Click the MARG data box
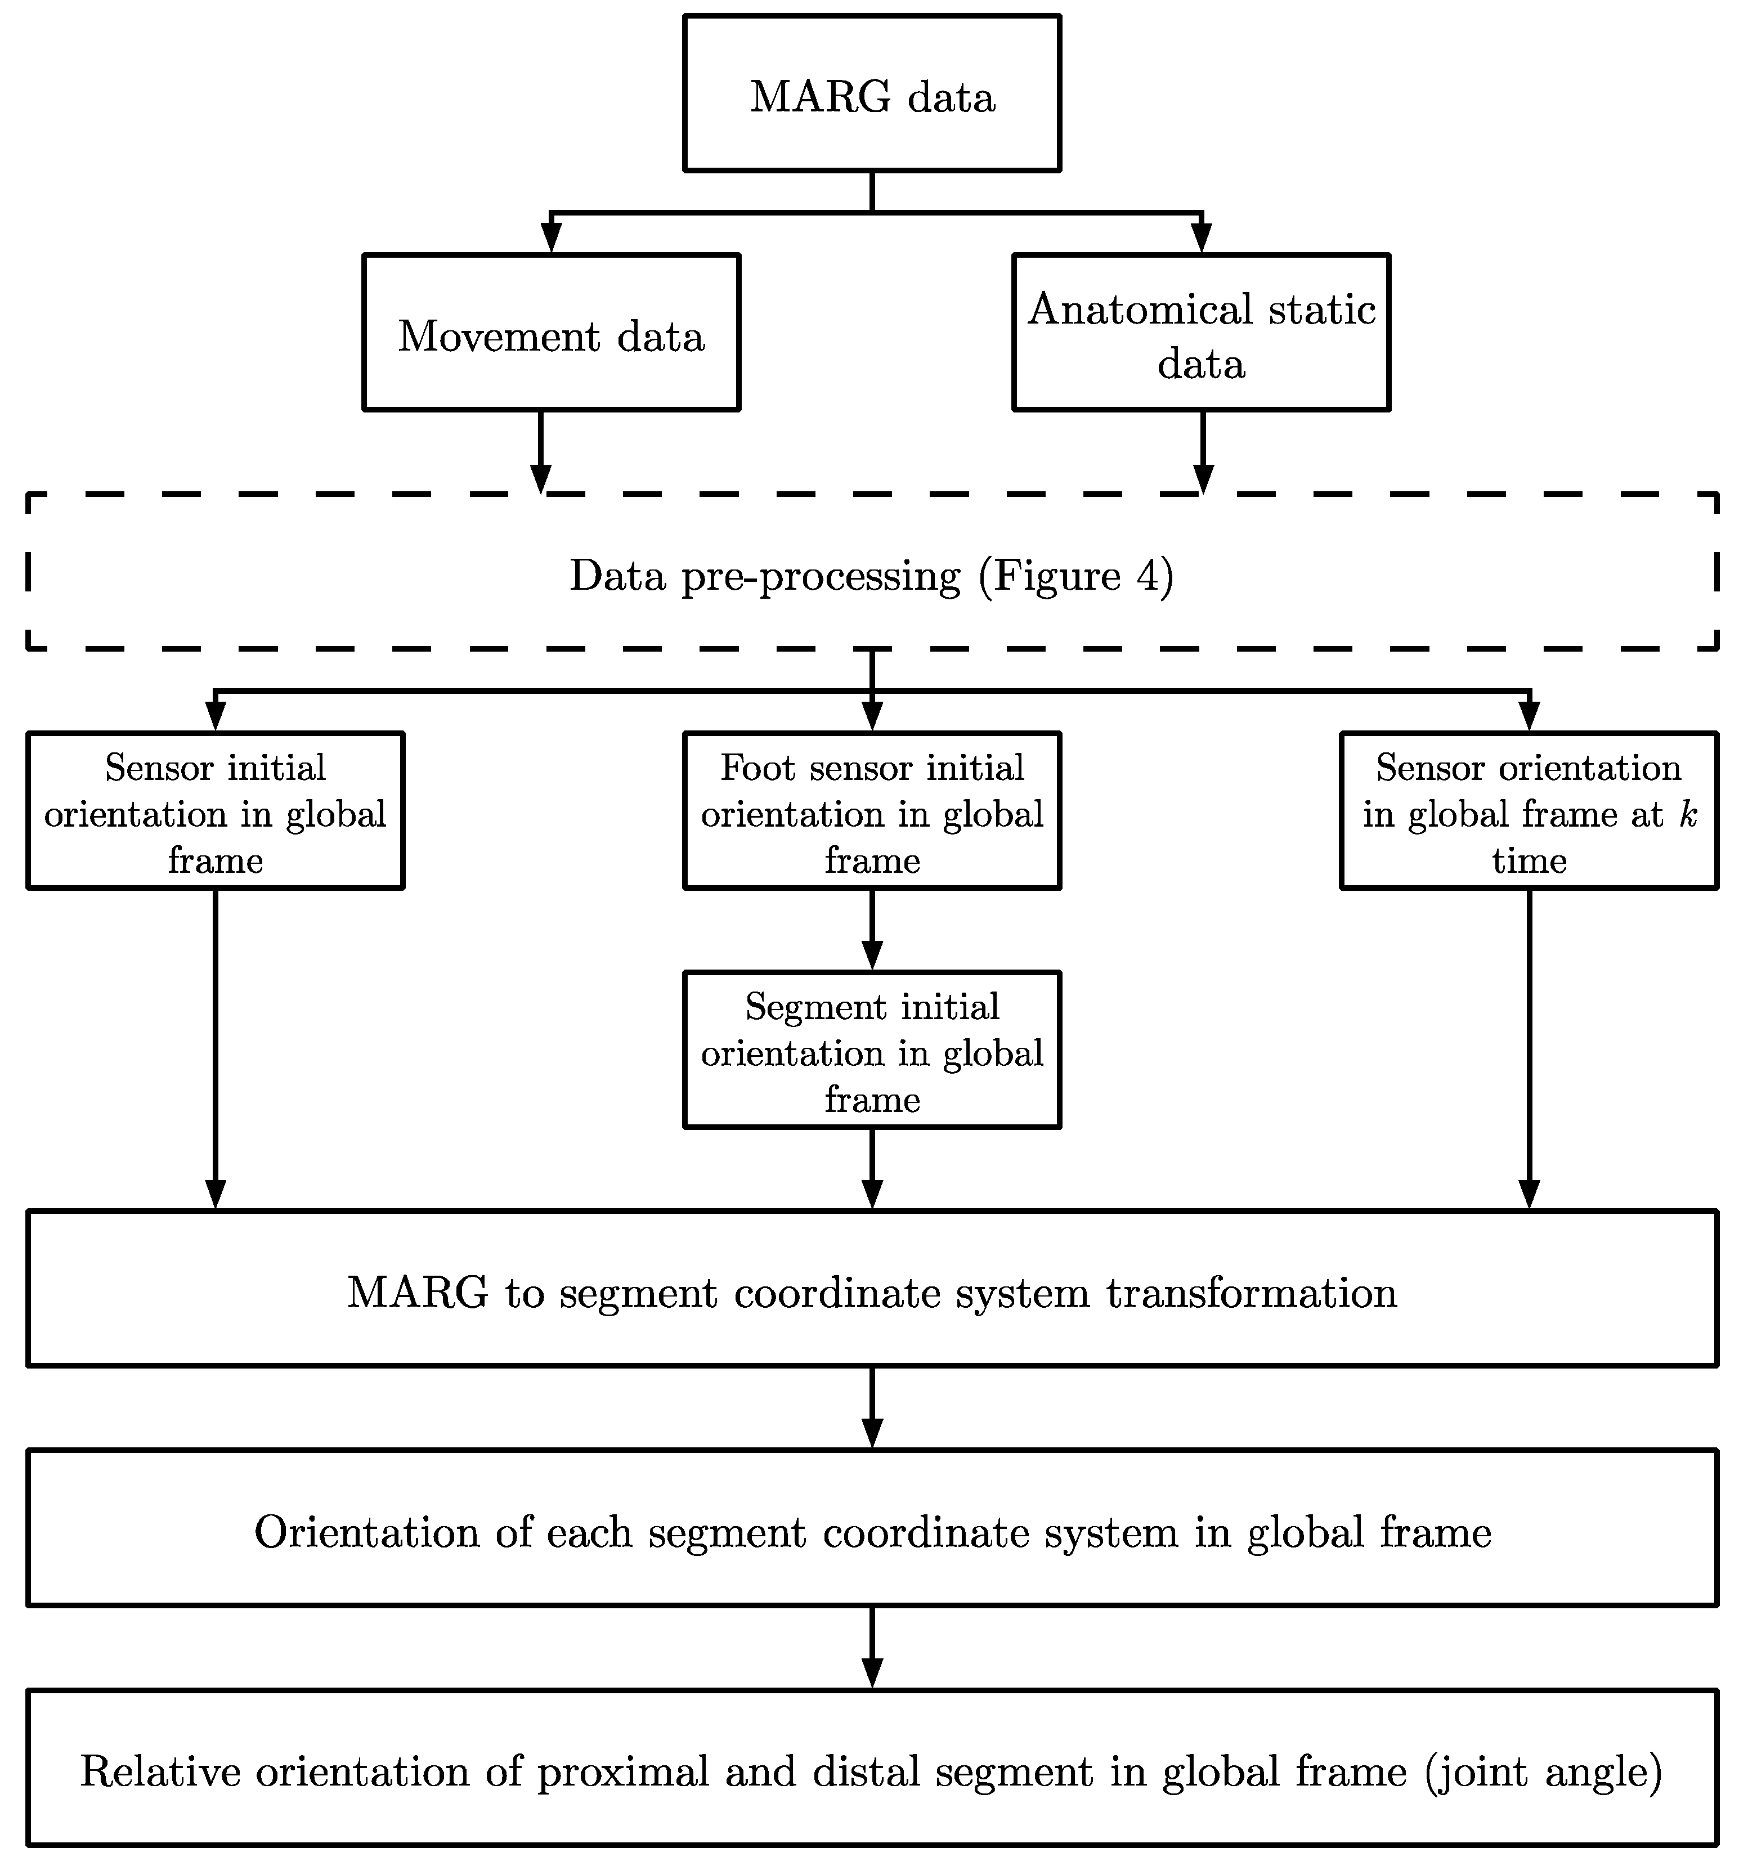872,94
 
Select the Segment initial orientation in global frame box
872,1051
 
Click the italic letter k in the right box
1688,814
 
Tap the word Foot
756,768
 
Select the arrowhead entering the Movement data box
551,239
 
